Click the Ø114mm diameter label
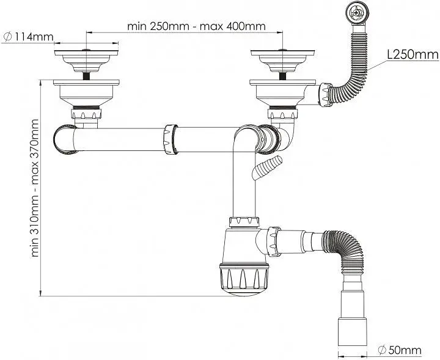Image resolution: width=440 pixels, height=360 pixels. (x=28, y=37)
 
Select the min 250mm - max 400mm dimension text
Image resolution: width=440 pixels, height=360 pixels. (x=196, y=26)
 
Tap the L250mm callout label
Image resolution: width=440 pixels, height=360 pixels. (x=413, y=55)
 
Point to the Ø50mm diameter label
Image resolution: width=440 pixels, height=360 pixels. (x=400, y=350)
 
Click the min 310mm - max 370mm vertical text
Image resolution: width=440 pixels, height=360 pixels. (x=35, y=188)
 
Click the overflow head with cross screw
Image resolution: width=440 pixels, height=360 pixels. (x=356, y=13)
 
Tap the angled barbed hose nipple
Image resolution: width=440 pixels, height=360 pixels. (x=267, y=167)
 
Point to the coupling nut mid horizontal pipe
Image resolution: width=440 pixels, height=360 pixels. (x=170, y=139)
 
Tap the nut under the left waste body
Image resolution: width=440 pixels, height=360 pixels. (x=86, y=114)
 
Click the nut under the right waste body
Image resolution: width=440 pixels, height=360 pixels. (x=282, y=114)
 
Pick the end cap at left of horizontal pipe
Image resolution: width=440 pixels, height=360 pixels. (x=65, y=139)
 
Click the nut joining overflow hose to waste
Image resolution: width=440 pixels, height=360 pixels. (x=326, y=95)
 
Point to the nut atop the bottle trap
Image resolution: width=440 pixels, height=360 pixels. (x=244, y=222)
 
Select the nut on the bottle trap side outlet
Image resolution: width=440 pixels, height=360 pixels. (x=274, y=241)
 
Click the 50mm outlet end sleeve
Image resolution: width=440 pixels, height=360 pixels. (x=352, y=332)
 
